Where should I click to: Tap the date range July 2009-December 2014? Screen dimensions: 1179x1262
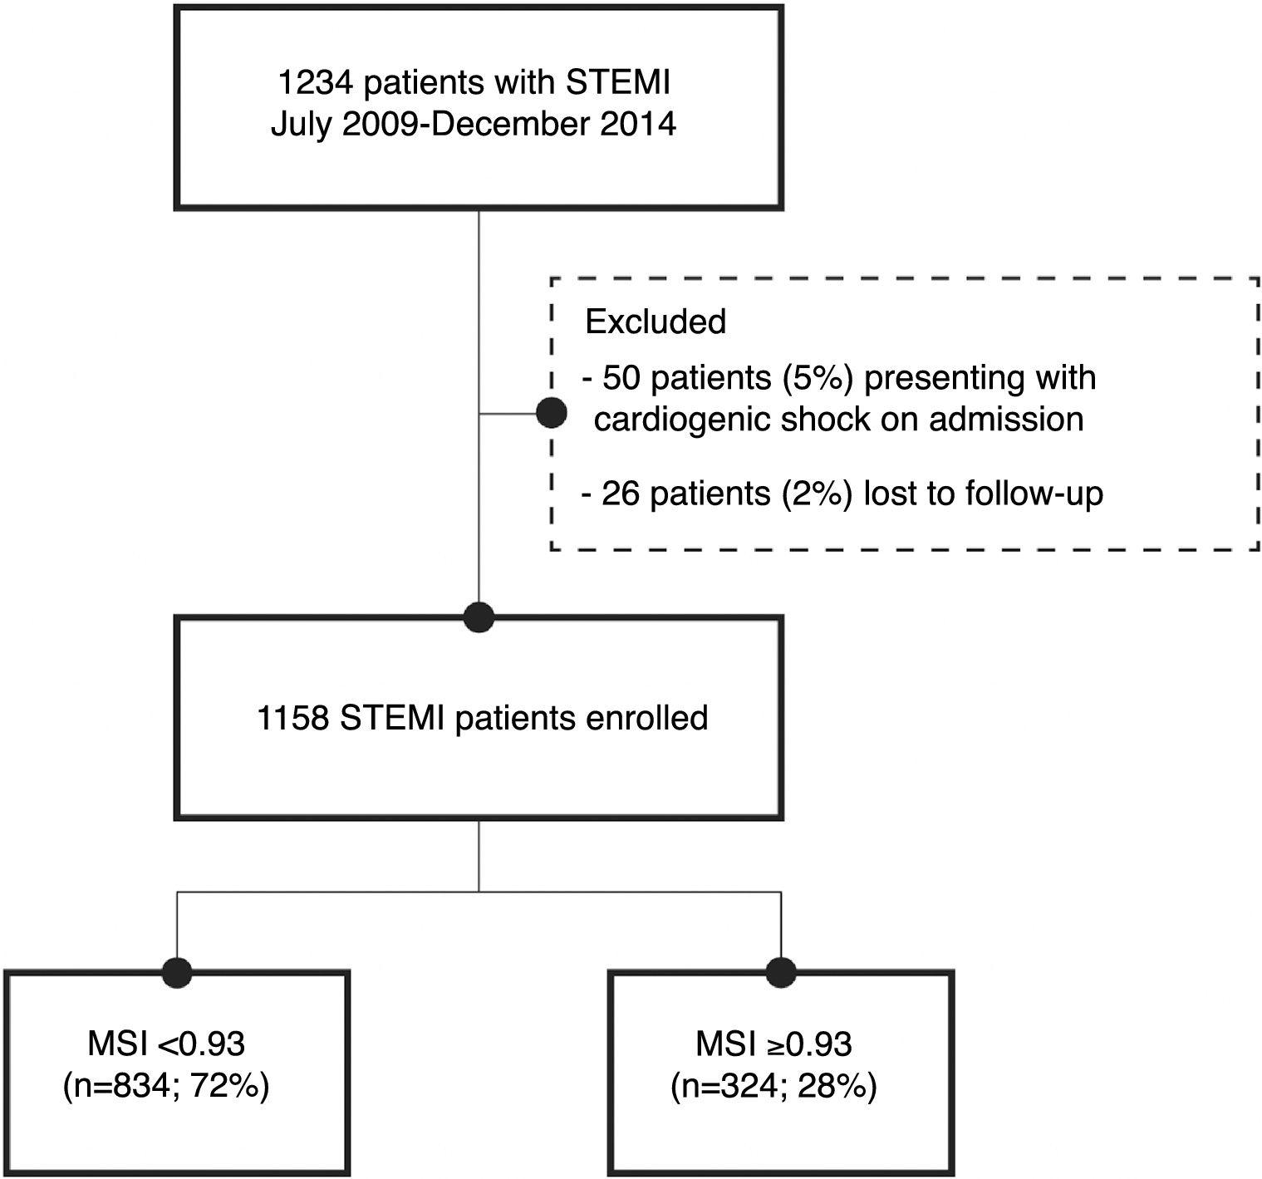[474, 125]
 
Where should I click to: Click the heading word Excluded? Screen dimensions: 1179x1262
[656, 322]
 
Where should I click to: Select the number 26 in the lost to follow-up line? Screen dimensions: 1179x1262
[621, 494]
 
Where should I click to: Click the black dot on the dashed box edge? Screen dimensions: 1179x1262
[552, 412]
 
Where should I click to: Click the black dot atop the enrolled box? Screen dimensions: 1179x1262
[479, 617]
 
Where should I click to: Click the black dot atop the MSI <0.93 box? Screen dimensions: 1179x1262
[176, 971]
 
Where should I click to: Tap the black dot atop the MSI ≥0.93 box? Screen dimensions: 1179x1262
[781, 971]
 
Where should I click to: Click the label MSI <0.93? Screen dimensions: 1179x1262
[166, 1044]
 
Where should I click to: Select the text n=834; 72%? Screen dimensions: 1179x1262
[166, 1087]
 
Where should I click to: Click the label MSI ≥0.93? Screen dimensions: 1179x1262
[773, 1044]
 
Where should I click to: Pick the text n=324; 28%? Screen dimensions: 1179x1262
[773, 1087]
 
